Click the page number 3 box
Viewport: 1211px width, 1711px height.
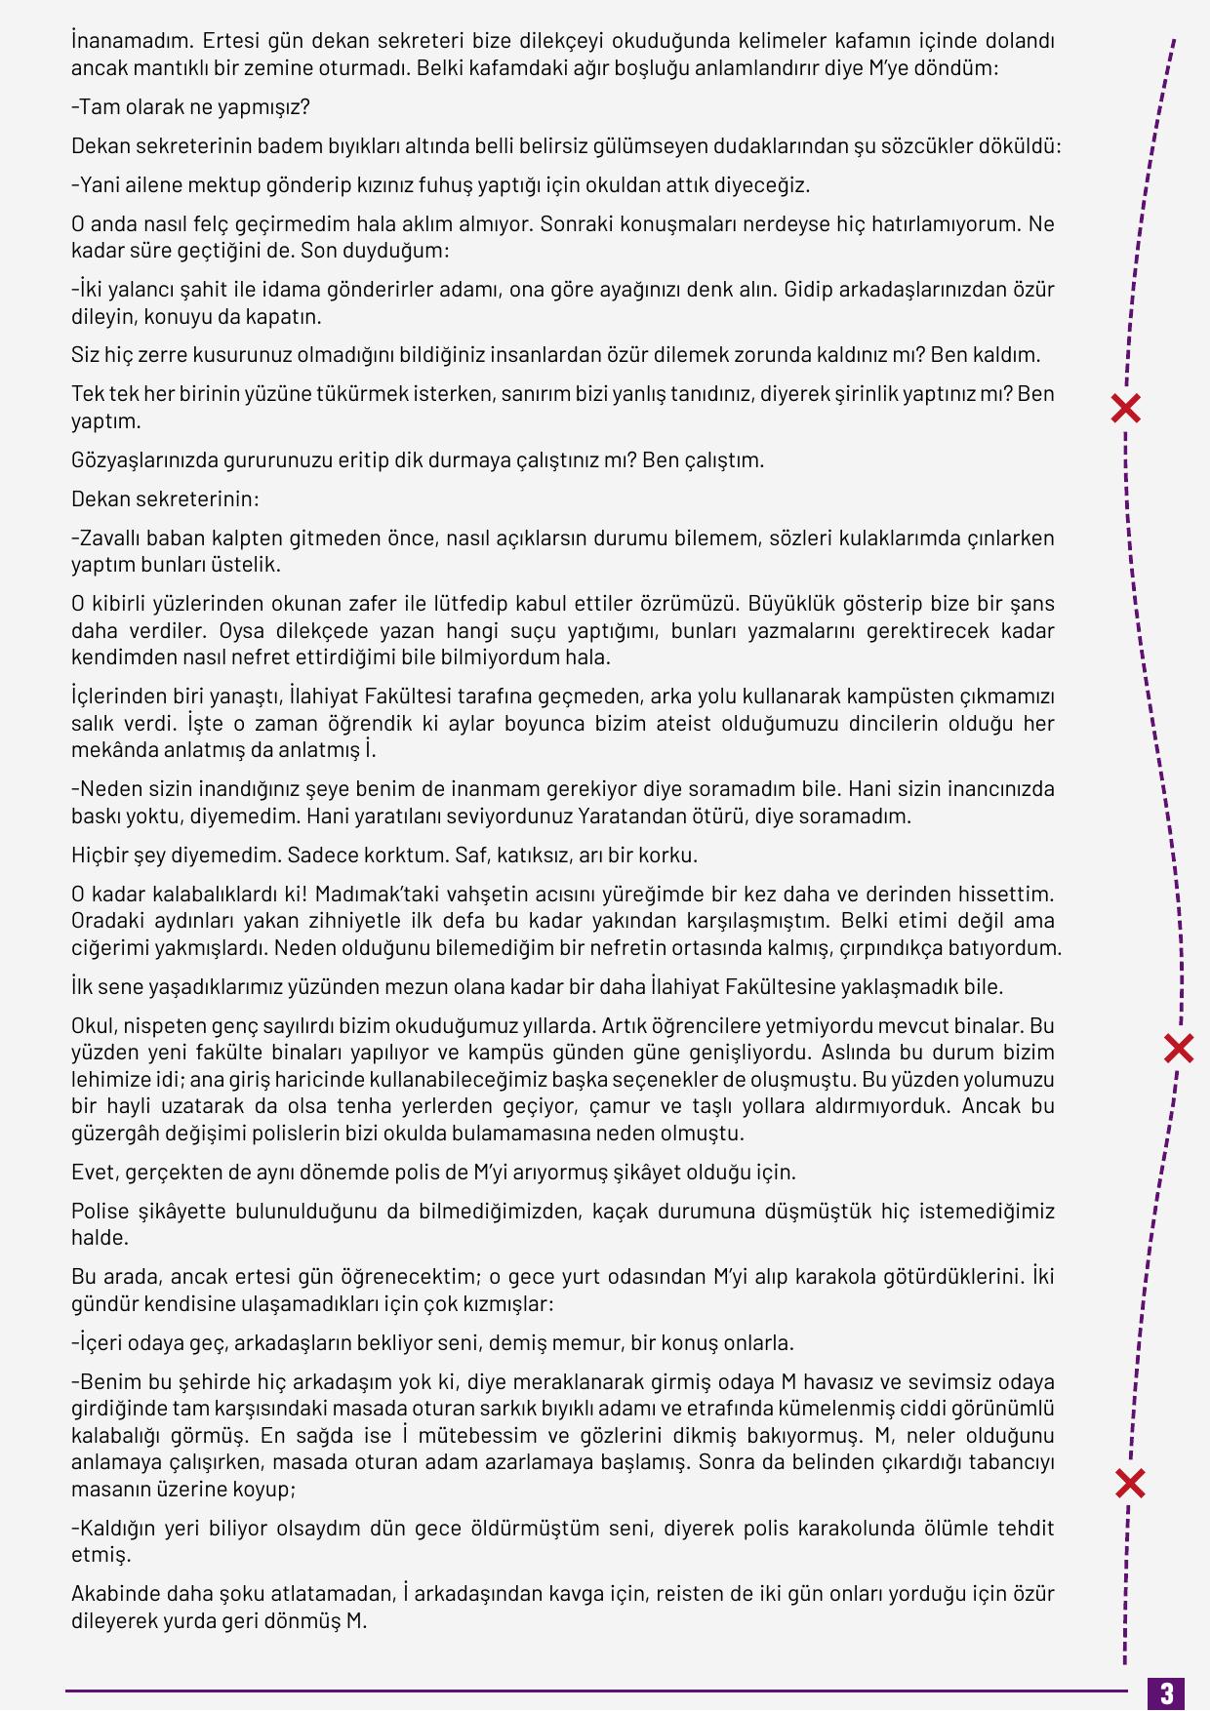[x=1166, y=1692]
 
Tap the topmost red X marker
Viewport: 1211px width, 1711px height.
[x=1126, y=409]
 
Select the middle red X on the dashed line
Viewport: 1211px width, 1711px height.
[x=1180, y=1049]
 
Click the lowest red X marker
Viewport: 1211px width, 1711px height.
[x=1130, y=1484]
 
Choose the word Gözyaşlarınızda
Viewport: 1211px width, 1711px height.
[x=143, y=459]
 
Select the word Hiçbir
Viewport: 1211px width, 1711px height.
[x=102, y=855]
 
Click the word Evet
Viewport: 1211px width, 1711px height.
[x=95, y=1172]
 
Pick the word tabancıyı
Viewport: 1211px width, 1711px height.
[x=1005, y=1461]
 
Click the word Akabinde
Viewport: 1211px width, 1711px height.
[x=112, y=1593]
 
